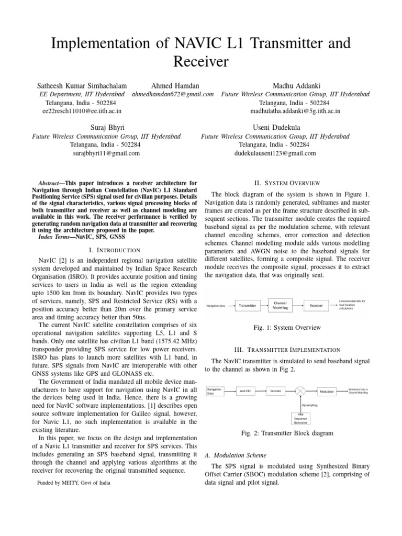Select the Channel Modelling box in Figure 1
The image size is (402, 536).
[280, 305]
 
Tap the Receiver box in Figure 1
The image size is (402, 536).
[316, 305]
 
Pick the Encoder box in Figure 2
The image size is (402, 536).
[276, 391]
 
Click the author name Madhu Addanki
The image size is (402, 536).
[296, 85]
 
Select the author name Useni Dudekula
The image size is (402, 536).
[277, 127]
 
